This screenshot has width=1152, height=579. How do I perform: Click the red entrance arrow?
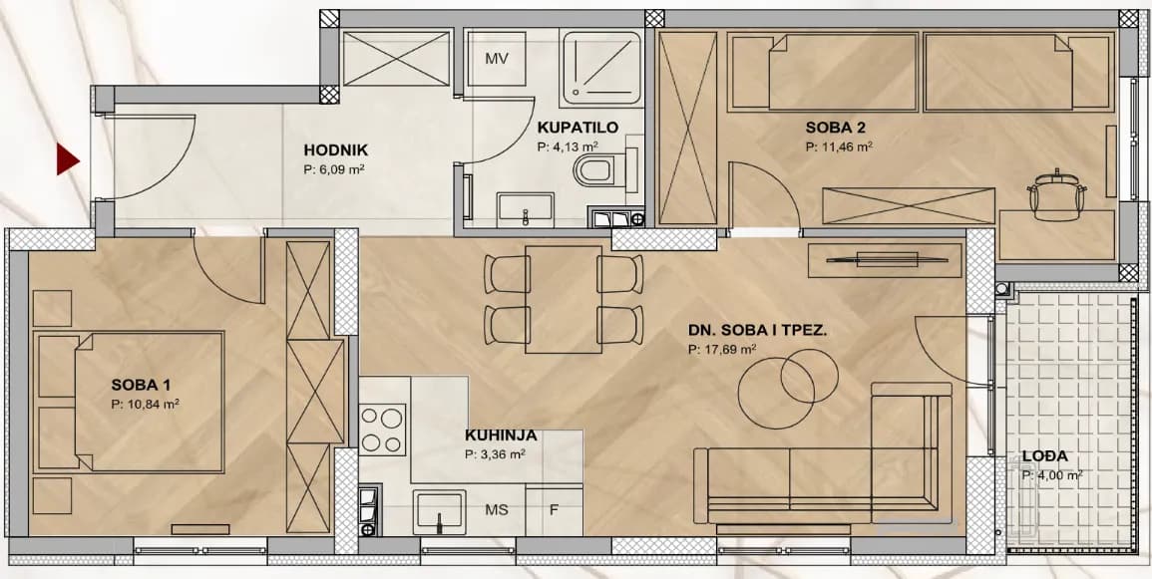pyautogui.click(x=67, y=158)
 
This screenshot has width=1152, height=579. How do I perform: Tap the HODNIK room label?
pyautogui.click(x=336, y=150)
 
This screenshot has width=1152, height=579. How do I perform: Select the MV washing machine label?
pyautogui.click(x=498, y=59)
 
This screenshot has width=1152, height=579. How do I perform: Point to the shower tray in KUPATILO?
pyautogui.click(x=600, y=65)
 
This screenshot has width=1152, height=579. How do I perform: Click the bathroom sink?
pyautogui.click(x=526, y=206)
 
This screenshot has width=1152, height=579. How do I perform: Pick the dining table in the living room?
pyautogui.click(x=564, y=299)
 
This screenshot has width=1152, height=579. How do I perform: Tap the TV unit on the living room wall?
pyautogui.click(x=885, y=260)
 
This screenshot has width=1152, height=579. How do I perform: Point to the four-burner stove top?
pyautogui.click(x=383, y=430)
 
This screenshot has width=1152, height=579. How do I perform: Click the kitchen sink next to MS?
pyautogui.click(x=439, y=511)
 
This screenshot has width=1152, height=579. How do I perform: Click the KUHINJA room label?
pyautogui.click(x=501, y=435)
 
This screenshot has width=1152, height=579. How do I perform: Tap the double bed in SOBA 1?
pyautogui.click(x=130, y=403)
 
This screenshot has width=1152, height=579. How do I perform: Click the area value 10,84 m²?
pyautogui.click(x=146, y=403)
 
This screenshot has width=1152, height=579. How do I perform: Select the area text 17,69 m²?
pyautogui.click(x=722, y=350)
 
